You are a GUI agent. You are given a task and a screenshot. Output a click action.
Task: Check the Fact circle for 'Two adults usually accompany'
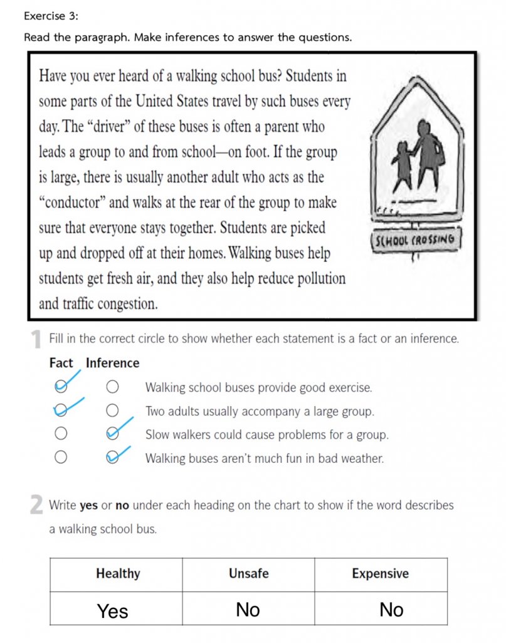[x=61, y=411]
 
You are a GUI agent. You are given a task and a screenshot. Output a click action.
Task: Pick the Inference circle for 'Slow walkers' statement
[x=113, y=433]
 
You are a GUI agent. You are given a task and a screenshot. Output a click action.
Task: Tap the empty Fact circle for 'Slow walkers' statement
[x=61, y=434]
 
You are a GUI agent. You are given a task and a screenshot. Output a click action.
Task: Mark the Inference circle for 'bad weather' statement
[x=113, y=457]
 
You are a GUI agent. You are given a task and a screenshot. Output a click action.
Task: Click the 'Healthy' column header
[x=118, y=573]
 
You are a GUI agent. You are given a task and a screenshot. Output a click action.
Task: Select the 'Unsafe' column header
[x=249, y=573]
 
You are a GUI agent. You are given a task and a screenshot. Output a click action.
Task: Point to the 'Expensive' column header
[x=380, y=573]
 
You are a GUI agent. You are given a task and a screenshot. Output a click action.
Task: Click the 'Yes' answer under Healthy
[x=113, y=611]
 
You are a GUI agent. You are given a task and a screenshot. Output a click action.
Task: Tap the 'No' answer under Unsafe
[x=248, y=610]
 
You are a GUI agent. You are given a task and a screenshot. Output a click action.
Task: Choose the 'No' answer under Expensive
[x=392, y=610]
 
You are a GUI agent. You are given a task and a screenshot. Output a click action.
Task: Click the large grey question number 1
[x=37, y=340]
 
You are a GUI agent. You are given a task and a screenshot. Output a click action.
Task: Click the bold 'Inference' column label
[x=113, y=363]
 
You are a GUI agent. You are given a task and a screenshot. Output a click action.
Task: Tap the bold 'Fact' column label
[x=61, y=363]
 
